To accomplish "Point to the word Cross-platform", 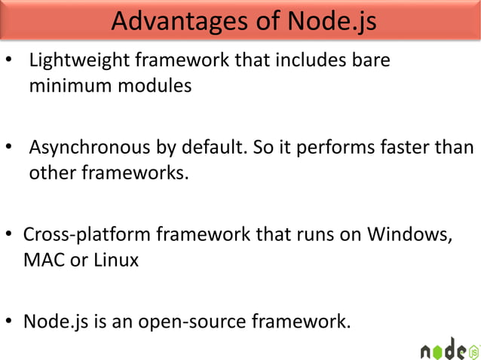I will [86, 234].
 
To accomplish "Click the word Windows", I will [410, 234].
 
